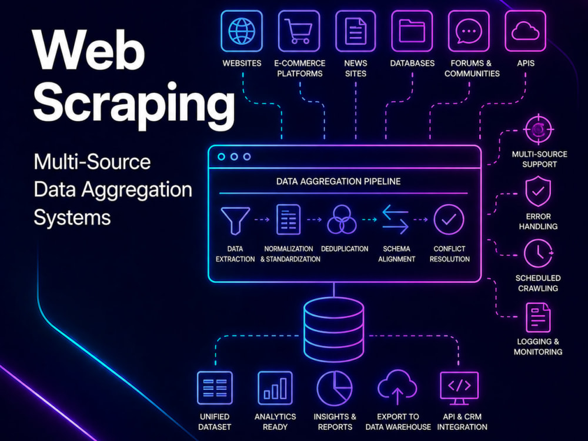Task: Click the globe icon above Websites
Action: tap(242, 31)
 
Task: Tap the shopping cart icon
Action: tap(299, 31)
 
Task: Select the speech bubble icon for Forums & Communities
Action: tap(469, 31)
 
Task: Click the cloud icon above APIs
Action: tap(525, 31)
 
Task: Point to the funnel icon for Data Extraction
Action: tap(235, 220)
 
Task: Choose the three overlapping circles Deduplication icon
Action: tap(342, 220)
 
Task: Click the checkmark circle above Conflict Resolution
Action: tap(449, 219)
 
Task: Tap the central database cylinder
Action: tap(333, 330)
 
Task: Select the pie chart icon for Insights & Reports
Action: tap(335, 388)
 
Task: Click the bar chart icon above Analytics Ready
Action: tap(275, 388)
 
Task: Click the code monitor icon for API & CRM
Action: tap(459, 388)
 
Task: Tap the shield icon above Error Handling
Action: tap(538, 192)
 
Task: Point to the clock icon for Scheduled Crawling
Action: tap(538, 253)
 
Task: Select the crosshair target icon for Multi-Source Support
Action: tap(539, 129)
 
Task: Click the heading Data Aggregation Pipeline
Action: tap(338, 182)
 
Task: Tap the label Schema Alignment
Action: tap(396, 254)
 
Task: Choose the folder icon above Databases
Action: tap(412, 31)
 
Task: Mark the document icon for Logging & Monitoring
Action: tap(538, 318)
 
